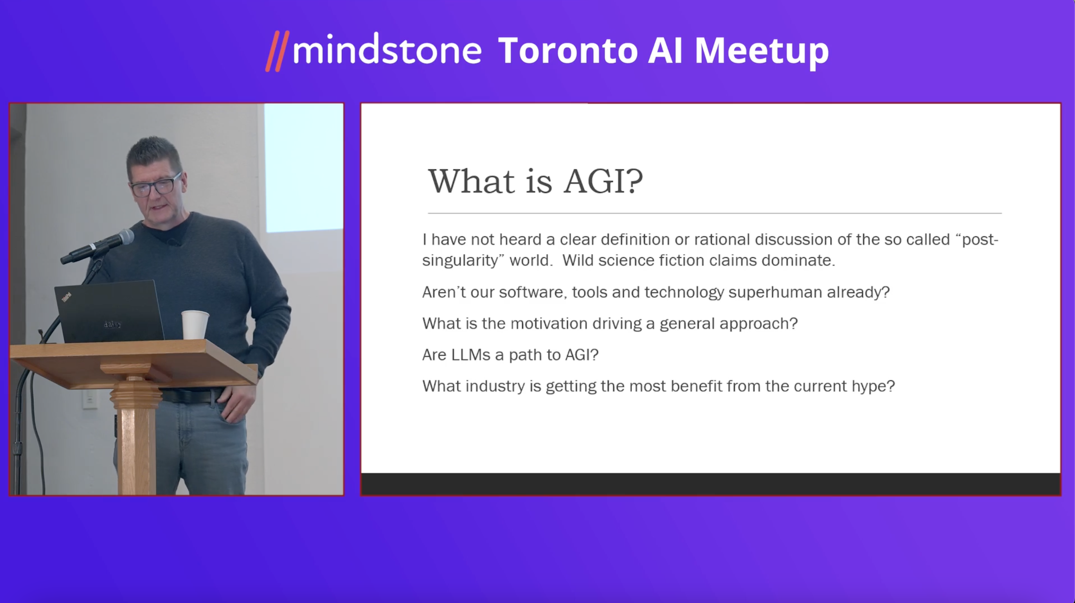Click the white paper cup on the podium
(195, 325)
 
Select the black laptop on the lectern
(109, 311)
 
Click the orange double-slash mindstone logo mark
(277, 51)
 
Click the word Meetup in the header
(761, 52)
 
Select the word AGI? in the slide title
(603, 181)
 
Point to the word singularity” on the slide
(463, 261)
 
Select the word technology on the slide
(684, 293)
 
